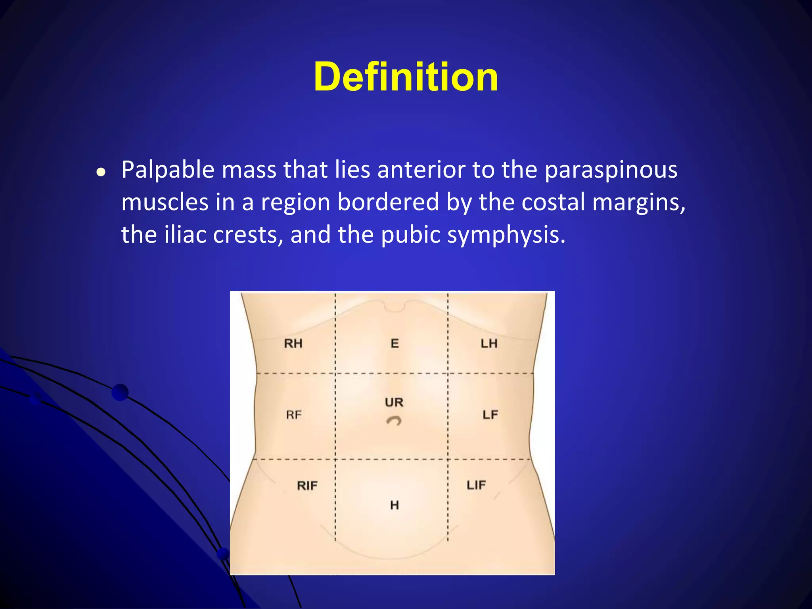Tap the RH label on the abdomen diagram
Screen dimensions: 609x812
[293, 343]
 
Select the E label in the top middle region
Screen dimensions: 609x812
[395, 343]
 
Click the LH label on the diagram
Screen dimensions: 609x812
[489, 343]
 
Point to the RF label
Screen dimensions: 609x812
[294, 415]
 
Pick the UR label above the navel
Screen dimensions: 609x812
[394, 402]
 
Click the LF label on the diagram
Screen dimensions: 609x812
[490, 415]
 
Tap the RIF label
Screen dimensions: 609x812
[307, 486]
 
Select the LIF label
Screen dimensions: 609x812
[476, 485]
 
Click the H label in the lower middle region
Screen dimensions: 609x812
[394, 505]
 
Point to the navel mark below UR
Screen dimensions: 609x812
[394, 421]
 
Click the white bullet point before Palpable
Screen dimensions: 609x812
[101, 172]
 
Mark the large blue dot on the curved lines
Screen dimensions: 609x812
[120, 393]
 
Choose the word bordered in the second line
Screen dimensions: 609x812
[388, 202]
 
